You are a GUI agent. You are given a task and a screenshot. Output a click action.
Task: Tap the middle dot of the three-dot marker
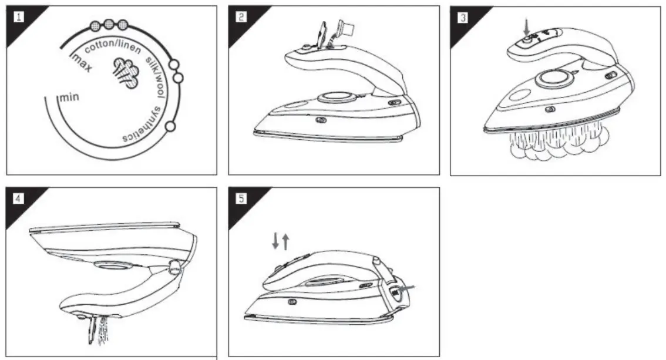[x=109, y=25]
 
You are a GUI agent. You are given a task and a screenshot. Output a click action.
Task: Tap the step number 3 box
[x=463, y=17]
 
